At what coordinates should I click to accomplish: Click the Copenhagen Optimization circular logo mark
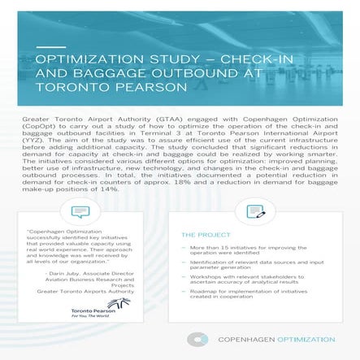196,339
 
